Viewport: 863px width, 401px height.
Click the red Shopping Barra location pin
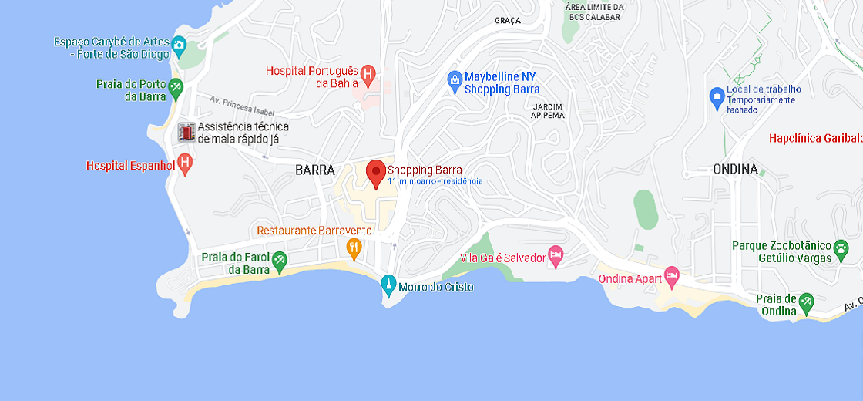coord(375,172)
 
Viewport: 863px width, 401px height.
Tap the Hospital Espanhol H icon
coord(184,163)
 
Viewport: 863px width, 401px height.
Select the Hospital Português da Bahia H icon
coord(368,74)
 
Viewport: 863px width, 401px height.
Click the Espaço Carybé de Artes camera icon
coord(179,45)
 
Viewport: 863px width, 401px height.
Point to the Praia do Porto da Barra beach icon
coord(176,89)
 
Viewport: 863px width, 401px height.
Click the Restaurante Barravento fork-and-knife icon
coord(354,247)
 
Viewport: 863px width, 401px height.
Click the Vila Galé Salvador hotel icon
coord(556,256)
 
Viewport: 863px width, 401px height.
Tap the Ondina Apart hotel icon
coord(672,276)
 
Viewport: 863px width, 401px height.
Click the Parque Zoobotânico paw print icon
coord(841,249)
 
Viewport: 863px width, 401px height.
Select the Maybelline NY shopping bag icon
coord(455,79)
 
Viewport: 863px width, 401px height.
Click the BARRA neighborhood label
coord(315,170)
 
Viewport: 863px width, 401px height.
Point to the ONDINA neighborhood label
coord(734,169)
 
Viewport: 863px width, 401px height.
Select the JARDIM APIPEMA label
coord(547,110)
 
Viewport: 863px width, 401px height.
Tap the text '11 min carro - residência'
coord(435,181)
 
